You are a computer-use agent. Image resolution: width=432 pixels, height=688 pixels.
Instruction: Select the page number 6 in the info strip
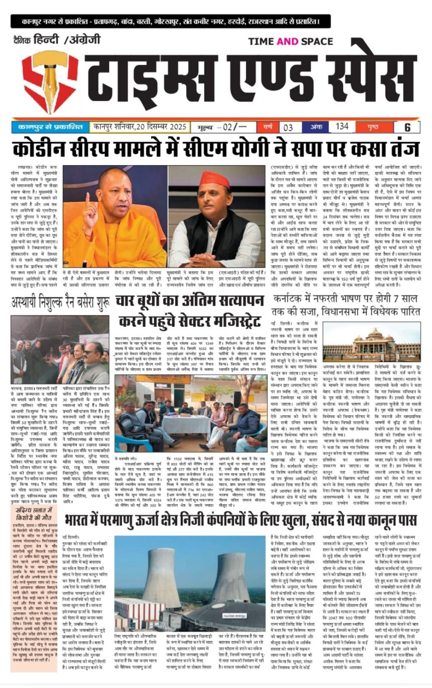pos(407,128)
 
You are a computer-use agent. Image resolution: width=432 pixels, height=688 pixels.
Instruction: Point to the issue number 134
pos(342,126)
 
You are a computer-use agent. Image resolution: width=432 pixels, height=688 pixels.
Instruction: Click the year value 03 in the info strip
pos(288,127)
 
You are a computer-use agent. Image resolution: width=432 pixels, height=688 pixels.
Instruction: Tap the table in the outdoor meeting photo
pos(177,421)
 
